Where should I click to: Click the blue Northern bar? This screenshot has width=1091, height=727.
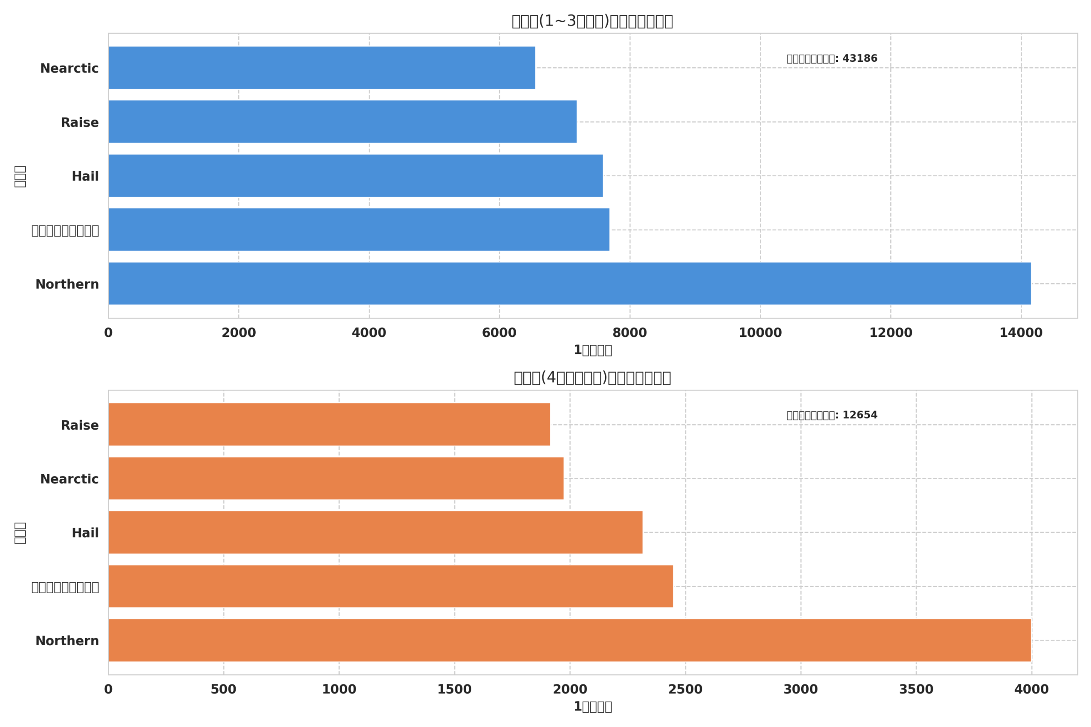coord(570,284)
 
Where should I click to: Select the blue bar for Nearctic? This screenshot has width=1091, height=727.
coord(322,68)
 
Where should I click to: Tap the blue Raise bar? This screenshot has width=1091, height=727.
coord(343,121)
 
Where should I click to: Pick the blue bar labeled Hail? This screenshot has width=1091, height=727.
coord(356,176)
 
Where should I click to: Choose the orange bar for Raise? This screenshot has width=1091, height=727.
coord(329,424)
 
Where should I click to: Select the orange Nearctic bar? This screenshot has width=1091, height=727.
coord(336,478)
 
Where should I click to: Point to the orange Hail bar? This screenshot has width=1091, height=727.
coord(375,532)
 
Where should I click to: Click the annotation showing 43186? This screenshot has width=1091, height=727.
coord(832,59)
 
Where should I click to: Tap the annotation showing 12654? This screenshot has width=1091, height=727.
coord(832,415)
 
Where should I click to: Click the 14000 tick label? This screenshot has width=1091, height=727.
coord(1021,333)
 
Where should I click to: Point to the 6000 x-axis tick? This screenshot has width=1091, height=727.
coord(499,333)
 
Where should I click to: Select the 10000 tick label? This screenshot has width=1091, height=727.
coord(760,333)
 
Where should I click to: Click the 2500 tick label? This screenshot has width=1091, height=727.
coord(685,690)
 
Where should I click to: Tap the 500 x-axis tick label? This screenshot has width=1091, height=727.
coord(223,690)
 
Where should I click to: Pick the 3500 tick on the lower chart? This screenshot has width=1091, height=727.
coord(916,690)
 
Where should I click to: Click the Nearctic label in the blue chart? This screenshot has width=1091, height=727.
coord(69,69)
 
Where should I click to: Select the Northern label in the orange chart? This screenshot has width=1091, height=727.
coord(67,641)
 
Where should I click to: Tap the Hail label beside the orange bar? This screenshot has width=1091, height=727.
coord(85,533)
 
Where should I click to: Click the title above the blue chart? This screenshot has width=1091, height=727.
coord(592,21)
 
